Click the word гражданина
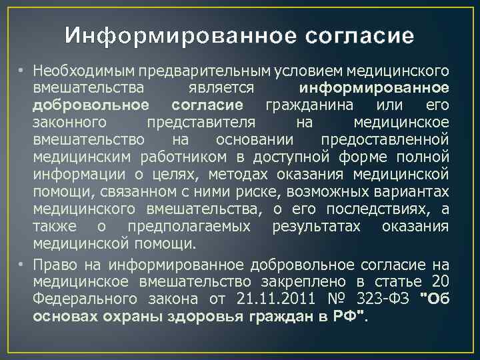pyautogui.click(x=308, y=105)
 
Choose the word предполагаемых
pyautogui.click(x=189, y=227)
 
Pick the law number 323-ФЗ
pyautogui.click(x=379, y=296)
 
